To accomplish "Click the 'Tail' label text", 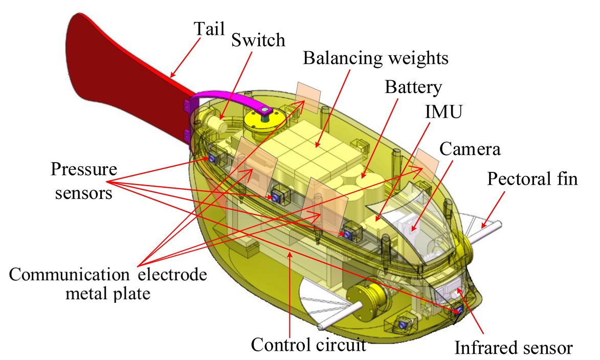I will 209,29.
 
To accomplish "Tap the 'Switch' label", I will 258,39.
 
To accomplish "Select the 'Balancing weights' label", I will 375,57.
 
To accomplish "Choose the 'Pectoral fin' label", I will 532,178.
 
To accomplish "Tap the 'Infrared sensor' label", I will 514,349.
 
